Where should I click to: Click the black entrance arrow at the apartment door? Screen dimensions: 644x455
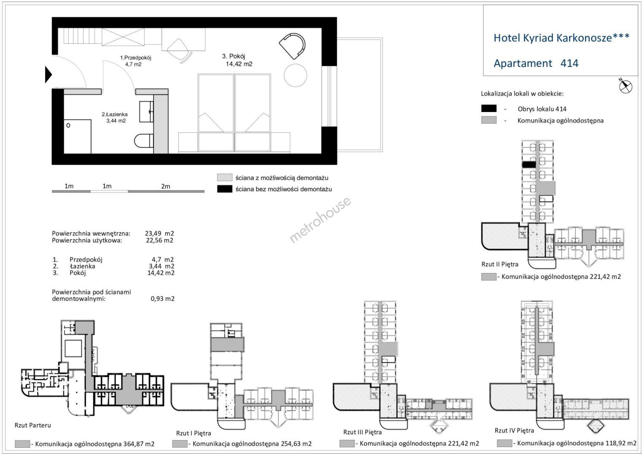point(48,75)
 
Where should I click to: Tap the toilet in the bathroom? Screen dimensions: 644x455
point(144,141)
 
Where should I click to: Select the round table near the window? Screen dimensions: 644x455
point(295,75)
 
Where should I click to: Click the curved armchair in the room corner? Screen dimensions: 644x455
point(292,46)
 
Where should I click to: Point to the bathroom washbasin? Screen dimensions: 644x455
point(146,111)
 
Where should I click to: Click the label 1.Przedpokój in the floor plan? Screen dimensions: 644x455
point(135,58)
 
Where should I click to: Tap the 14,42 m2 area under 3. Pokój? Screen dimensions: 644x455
point(239,64)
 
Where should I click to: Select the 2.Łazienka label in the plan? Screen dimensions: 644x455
point(115,115)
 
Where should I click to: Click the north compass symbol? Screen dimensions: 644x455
point(625,86)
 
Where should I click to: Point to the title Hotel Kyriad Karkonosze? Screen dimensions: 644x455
point(561,37)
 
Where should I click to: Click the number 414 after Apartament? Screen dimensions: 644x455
point(569,63)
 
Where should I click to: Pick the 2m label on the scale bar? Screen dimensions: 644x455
point(166,186)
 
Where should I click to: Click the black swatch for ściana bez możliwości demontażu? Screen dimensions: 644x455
point(225,189)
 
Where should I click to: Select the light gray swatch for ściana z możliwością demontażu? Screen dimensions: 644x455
point(225,177)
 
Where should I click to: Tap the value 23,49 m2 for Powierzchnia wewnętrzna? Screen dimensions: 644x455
point(159,233)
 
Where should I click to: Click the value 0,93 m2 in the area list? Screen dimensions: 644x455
point(162,299)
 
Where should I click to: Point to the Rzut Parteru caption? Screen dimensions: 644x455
point(33,425)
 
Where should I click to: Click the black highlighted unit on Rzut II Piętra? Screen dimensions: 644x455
point(529,164)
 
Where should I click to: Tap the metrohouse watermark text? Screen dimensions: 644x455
point(320,220)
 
